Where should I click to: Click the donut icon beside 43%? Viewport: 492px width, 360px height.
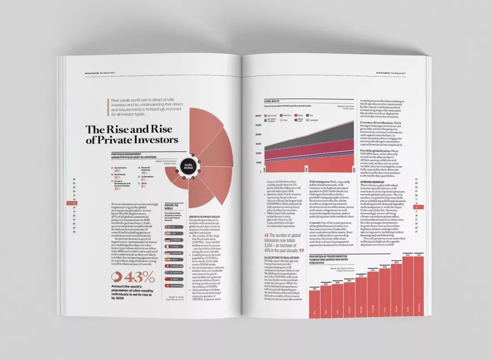click(x=116, y=277)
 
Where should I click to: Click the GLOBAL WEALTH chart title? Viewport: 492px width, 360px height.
click(x=272, y=101)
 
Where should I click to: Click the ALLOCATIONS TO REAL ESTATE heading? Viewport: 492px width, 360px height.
click(x=282, y=258)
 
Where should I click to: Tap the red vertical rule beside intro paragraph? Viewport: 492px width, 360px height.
click(x=108, y=109)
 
